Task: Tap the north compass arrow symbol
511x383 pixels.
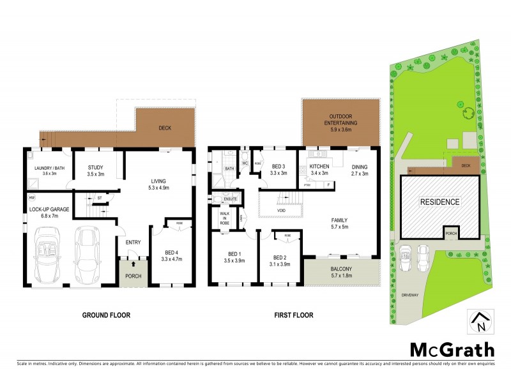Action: pos(478,322)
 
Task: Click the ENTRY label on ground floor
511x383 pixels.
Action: pos(133,242)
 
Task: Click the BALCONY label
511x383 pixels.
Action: pos(342,269)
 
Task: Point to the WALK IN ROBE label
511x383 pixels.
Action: pos(224,218)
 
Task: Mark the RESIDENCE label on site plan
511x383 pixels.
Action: pos(439,202)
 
